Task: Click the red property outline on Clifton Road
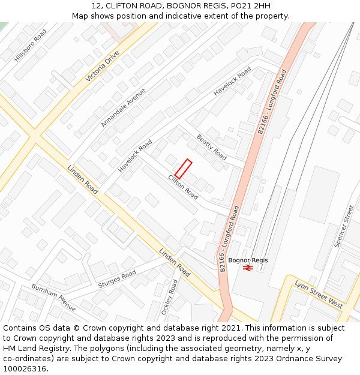[183, 169]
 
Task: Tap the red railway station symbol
[247, 268]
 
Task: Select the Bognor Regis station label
[248, 260]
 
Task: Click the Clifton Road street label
[183, 187]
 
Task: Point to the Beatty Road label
[211, 147]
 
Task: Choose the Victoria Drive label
[103, 67]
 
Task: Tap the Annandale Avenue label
[123, 107]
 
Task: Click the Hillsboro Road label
[31, 45]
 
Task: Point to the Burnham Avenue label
[54, 297]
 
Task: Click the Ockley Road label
[170, 297]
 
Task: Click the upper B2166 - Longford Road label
[272, 101]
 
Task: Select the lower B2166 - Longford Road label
[229, 238]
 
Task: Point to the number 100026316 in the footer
[25, 368]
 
